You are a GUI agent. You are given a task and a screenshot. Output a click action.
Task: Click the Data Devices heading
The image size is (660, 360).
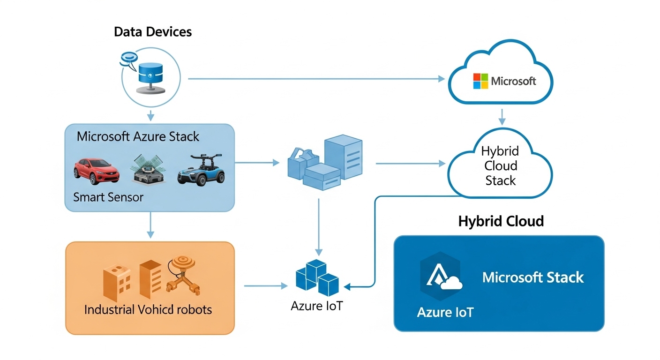(x=153, y=32)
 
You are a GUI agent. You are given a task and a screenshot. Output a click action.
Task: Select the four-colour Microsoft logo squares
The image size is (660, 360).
(x=480, y=81)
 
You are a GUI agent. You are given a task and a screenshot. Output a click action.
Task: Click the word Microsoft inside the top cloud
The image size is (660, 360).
(x=513, y=81)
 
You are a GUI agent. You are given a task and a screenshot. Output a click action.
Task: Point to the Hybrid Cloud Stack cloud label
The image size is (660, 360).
(x=500, y=166)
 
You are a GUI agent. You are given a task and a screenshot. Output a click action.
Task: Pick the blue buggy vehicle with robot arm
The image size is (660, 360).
(x=201, y=169)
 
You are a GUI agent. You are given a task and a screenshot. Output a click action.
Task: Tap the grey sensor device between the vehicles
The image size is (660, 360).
(x=147, y=170)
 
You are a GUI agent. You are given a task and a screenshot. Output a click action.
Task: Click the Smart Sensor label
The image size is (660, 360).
(x=108, y=197)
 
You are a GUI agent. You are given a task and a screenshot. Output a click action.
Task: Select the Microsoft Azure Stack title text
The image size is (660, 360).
(x=138, y=137)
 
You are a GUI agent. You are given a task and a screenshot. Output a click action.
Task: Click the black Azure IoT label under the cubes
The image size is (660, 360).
(x=317, y=306)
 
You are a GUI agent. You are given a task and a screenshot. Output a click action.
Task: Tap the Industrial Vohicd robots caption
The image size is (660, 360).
(x=148, y=309)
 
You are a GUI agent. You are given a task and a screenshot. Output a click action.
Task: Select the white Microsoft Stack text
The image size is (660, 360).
(x=533, y=277)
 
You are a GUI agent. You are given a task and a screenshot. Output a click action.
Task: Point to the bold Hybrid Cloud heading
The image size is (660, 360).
(x=501, y=221)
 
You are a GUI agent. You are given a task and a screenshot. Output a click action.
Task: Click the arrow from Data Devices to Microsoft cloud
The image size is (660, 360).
(x=316, y=79)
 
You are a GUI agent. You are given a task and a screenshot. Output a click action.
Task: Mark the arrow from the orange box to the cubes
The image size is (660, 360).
(x=265, y=285)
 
